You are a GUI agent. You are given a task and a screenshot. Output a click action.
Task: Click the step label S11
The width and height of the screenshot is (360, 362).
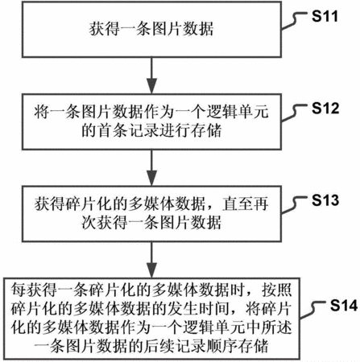coord(325,16)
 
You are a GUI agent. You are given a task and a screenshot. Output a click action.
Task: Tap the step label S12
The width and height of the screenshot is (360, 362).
coord(325,109)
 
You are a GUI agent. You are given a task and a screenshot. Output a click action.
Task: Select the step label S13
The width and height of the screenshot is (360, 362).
coord(325,200)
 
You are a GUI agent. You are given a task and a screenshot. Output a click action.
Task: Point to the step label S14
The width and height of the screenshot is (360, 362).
coord(344,306)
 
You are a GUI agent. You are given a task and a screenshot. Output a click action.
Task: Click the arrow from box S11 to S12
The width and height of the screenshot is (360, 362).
coord(151,75)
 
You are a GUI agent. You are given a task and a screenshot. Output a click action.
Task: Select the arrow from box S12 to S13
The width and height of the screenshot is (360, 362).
coord(151,167)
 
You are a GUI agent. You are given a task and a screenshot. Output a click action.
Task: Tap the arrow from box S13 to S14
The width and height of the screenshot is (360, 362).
coord(151,260)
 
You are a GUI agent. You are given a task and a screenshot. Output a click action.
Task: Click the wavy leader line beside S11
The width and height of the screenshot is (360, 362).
coord(295,20)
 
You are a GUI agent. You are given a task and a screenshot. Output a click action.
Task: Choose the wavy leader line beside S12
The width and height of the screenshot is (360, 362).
coord(295,113)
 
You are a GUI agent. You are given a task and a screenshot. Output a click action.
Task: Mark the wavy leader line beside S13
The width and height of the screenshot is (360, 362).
coord(295,204)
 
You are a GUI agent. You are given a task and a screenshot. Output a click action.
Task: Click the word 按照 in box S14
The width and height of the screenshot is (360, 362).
coord(277,290)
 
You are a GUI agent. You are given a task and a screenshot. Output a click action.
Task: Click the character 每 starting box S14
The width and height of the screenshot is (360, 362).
coord(19,290)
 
